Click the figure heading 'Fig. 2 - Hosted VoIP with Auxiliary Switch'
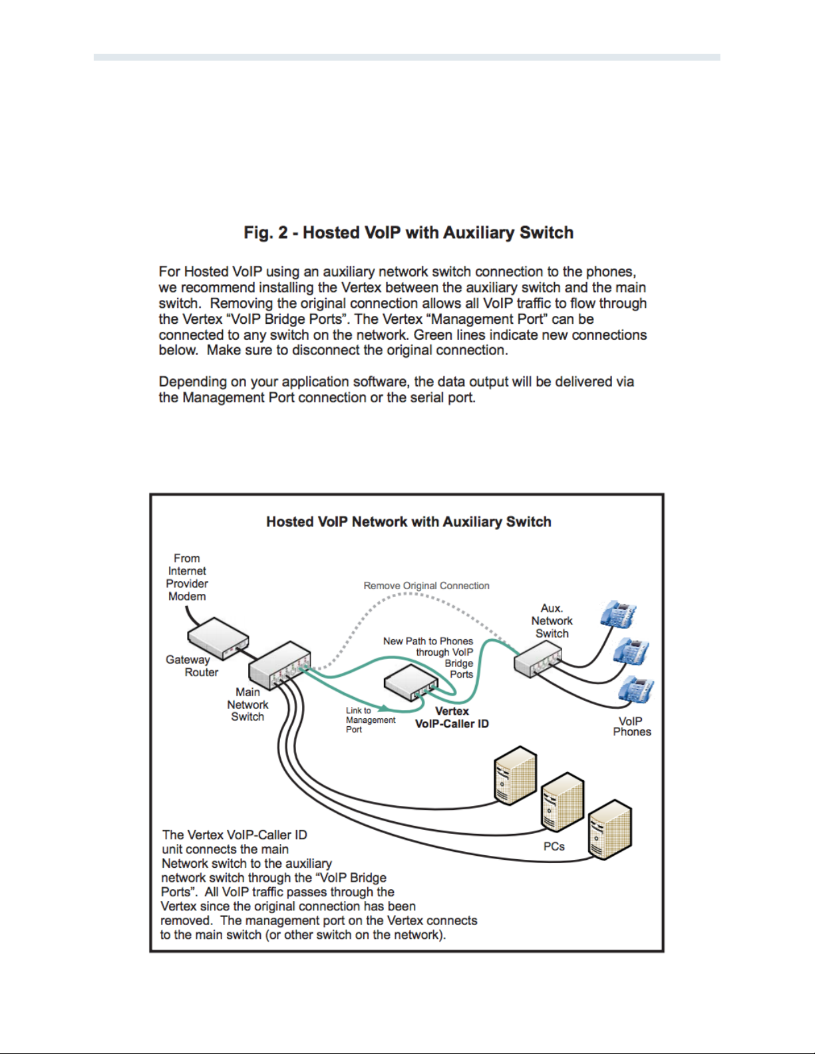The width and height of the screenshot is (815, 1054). click(408, 233)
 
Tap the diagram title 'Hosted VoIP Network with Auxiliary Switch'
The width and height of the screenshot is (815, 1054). click(408, 522)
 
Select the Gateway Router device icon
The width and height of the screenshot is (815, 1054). click(217, 638)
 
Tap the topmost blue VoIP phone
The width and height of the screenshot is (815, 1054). click(617, 614)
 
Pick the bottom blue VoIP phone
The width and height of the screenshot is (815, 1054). click(635, 690)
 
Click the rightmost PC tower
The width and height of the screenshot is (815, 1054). click(609, 829)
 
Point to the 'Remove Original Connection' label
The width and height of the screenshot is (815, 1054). click(426, 586)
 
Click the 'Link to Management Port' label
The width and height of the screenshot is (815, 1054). click(370, 720)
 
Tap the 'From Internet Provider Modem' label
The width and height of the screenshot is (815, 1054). click(187, 577)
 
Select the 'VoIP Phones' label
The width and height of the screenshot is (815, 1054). click(631, 726)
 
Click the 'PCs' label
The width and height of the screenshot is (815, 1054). click(554, 847)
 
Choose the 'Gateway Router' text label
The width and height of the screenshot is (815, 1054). click(192, 666)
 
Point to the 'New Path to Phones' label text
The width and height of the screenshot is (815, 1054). click(428, 641)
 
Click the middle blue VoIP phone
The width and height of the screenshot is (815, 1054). click(630, 651)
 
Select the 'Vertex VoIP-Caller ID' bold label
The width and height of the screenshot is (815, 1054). click(452, 718)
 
